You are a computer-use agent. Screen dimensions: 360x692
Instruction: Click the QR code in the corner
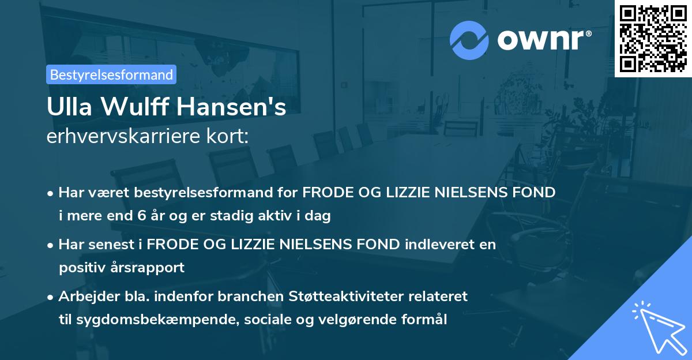pos(653,38)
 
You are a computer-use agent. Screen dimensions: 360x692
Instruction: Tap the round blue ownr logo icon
pos(470,40)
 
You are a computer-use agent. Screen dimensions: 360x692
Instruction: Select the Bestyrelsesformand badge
pos(111,74)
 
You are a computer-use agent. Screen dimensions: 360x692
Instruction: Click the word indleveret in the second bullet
pos(438,245)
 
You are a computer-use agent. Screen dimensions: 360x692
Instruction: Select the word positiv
pos(81,268)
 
